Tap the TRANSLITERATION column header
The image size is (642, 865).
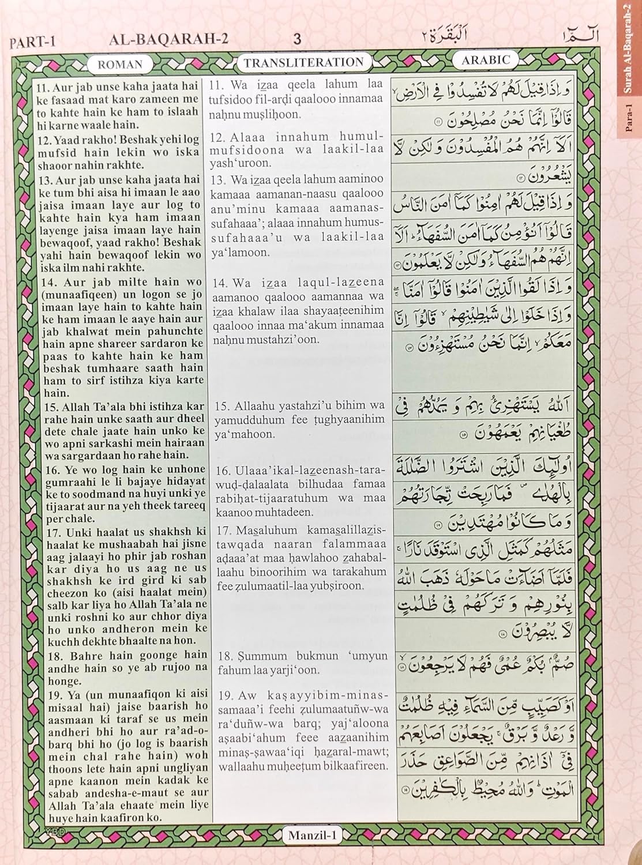pyautogui.click(x=303, y=63)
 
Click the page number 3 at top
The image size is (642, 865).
pyautogui.click(x=297, y=39)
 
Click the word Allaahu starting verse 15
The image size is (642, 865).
pyautogui.click(x=250, y=406)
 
